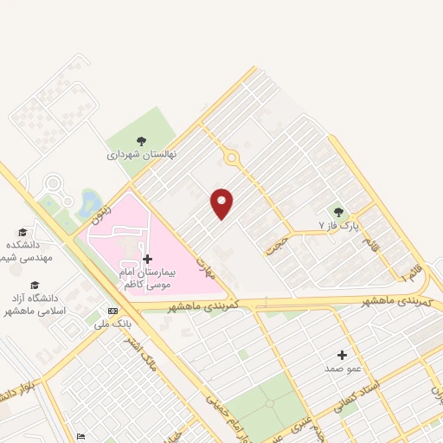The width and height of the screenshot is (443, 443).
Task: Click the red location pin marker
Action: click(222, 202)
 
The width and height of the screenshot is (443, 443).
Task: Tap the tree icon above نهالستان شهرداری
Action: click(141, 141)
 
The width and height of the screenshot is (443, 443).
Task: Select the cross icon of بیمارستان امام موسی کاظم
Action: click(147, 259)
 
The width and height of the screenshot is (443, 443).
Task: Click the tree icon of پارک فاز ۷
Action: click(338, 212)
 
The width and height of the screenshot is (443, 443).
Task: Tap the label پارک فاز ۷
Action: click(336, 226)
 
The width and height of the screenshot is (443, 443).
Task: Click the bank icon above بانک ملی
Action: click(112, 311)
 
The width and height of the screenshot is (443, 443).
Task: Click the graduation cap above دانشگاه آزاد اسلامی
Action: click(35, 285)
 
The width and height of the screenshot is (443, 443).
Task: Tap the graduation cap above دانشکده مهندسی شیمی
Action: click(22, 232)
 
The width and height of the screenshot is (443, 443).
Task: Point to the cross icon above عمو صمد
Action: click(342, 355)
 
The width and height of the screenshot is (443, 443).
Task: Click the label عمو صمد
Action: click(343, 369)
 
